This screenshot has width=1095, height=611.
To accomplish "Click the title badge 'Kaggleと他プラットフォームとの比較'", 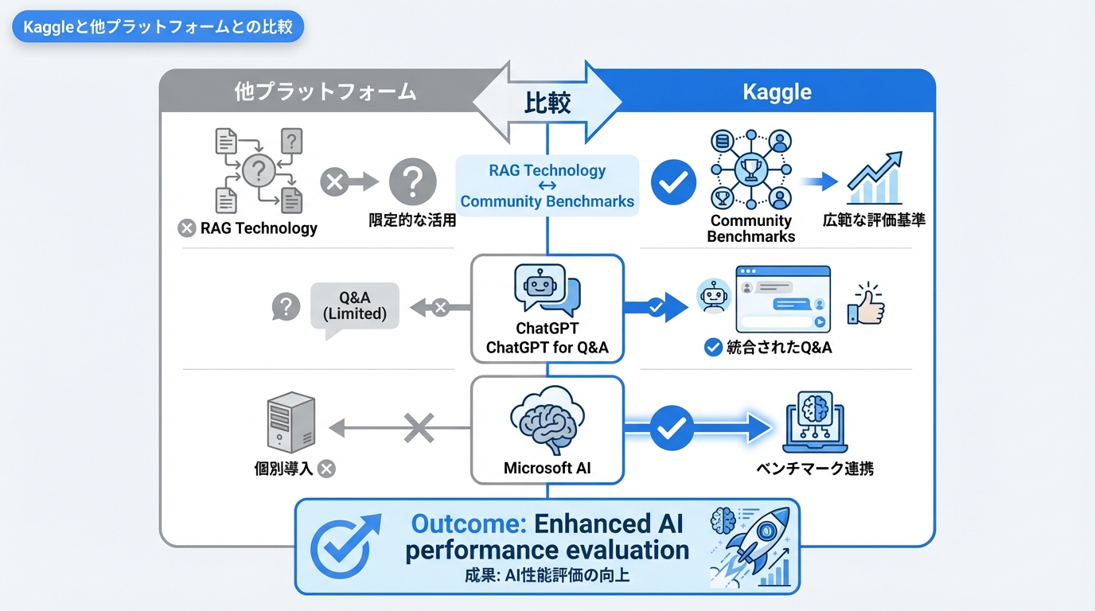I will click(158, 27).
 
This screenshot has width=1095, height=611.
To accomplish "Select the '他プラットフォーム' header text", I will click(325, 91).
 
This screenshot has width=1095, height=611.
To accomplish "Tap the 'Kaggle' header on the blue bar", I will click(777, 91).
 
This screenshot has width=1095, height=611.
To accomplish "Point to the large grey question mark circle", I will click(412, 181).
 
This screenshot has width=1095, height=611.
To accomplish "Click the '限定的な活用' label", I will click(412, 220).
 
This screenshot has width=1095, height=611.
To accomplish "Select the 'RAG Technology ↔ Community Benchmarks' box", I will click(547, 185).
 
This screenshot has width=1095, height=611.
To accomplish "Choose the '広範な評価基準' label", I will click(874, 220).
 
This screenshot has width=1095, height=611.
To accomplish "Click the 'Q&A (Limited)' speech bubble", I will click(355, 307).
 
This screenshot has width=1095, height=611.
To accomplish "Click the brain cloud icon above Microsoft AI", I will click(547, 420).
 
